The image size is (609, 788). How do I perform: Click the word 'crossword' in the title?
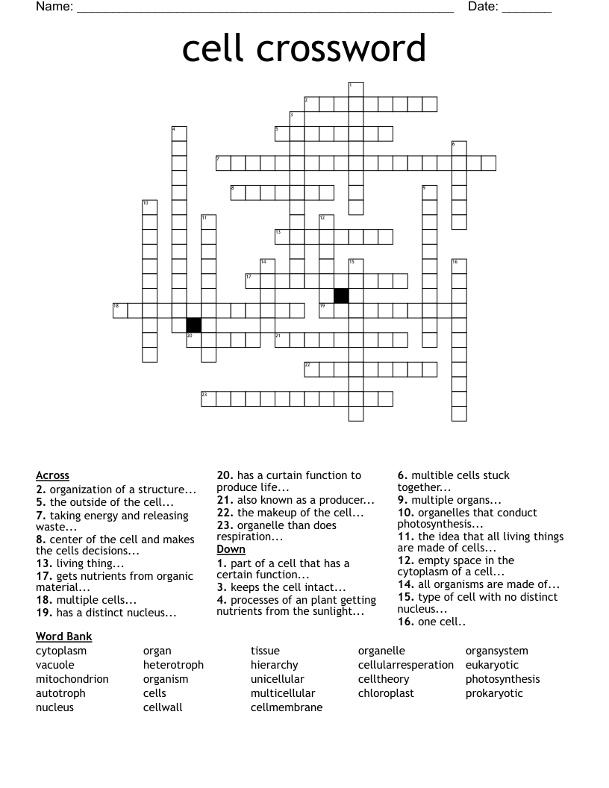pyautogui.click(x=342, y=49)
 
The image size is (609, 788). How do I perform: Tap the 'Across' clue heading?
pyautogui.click(x=52, y=475)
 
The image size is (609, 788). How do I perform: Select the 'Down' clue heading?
pyautogui.click(x=231, y=549)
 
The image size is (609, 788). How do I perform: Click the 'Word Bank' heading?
pyautogui.click(x=63, y=637)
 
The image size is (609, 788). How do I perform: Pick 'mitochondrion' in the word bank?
pyautogui.click(x=72, y=679)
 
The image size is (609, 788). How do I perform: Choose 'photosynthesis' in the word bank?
pyautogui.click(x=502, y=679)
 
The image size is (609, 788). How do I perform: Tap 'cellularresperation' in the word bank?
pyautogui.click(x=405, y=665)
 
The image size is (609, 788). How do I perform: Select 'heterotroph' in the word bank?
pyautogui.click(x=173, y=665)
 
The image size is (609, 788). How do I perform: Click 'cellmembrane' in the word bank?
pyautogui.click(x=287, y=707)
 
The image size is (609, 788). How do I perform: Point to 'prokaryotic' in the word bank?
pyautogui.click(x=494, y=693)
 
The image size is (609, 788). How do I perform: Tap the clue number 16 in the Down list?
pyautogui.click(x=404, y=622)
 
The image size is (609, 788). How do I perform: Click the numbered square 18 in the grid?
pyautogui.click(x=120, y=310)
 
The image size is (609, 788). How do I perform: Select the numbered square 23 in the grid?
pyautogui.click(x=208, y=399)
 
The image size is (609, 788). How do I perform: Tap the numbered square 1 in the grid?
pyautogui.click(x=356, y=89)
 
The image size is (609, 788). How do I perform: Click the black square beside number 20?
pyautogui.click(x=193, y=325)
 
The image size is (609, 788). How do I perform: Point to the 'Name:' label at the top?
pyautogui.click(x=54, y=7)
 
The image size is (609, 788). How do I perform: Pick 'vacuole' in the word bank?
pyautogui.click(x=55, y=665)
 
